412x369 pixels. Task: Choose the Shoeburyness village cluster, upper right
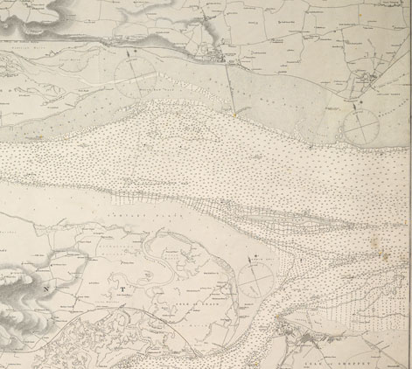click(372, 84)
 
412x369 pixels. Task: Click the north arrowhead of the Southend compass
click(133, 54)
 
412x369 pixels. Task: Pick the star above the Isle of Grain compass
click(254, 255)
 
